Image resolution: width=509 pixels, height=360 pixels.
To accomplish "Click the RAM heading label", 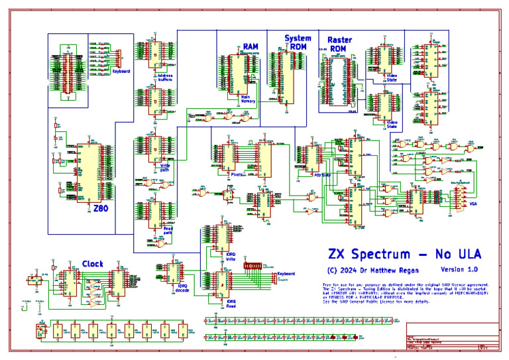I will tap(251, 46).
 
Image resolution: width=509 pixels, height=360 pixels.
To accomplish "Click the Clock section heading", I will tap(92, 264).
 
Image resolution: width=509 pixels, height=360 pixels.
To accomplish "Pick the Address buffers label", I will tap(165, 77).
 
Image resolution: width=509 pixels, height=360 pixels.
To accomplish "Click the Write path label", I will tap(166, 165).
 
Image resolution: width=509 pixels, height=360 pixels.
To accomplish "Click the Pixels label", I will tap(236, 175).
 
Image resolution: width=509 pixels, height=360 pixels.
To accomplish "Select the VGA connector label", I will tap(473, 204).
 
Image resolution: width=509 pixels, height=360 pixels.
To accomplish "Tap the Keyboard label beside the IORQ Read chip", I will tap(286, 273).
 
